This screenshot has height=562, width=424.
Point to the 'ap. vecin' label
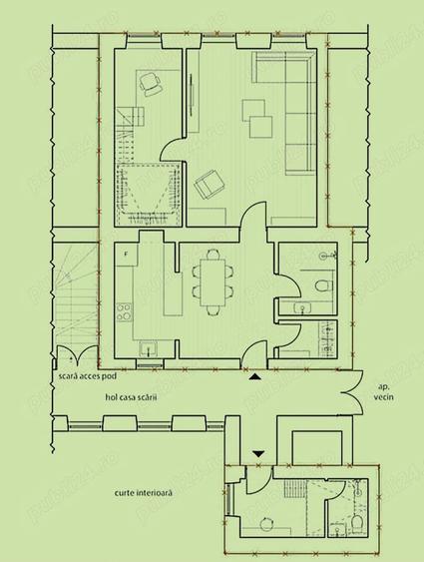(383, 390)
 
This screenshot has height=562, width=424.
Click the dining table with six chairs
(212, 281)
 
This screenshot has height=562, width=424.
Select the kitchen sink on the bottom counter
(148, 348)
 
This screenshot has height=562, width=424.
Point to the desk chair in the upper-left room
(151, 86)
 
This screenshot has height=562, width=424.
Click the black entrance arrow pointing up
(256, 377)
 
